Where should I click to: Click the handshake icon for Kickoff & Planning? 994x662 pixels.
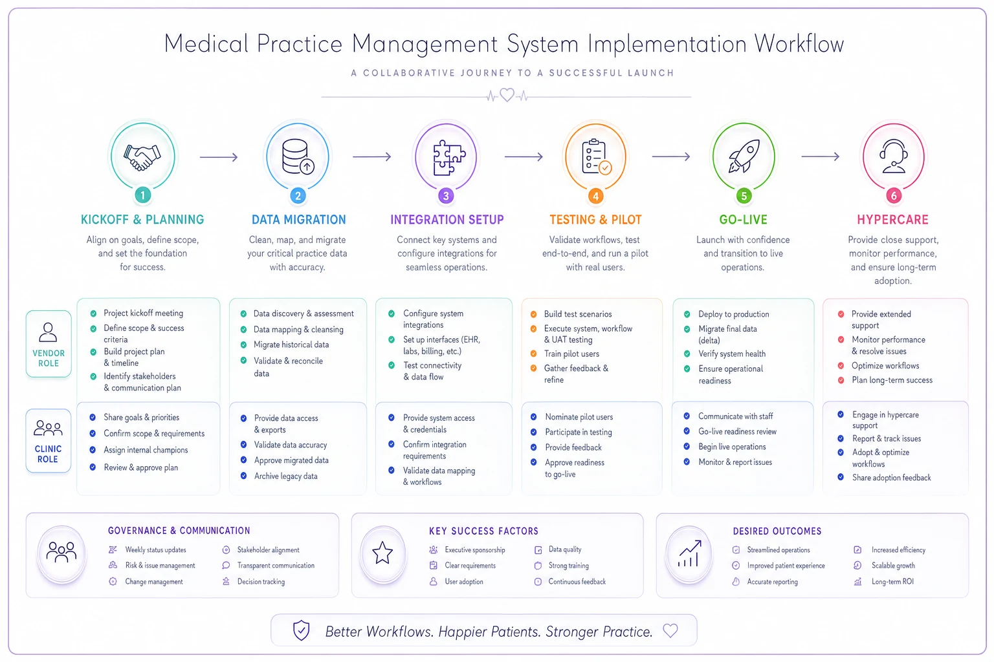(142, 157)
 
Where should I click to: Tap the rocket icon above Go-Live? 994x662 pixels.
(744, 156)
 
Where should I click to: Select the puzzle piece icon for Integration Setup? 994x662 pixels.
(449, 157)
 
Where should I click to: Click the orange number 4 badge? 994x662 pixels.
(595, 196)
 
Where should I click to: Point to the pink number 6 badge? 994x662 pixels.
(894, 195)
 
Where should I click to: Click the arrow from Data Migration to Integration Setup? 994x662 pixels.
(372, 156)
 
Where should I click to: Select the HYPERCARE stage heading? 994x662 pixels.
(893, 220)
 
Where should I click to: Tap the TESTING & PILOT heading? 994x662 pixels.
(595, 220)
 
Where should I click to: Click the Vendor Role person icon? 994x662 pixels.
(48, 332)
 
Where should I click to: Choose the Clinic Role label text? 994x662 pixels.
(48, 454)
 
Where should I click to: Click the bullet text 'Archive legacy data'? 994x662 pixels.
(286, 476)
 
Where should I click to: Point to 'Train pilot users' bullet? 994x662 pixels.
(571, 354)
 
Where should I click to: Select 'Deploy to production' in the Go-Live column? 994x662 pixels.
(733, 314)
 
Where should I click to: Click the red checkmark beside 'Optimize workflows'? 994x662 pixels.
(841, 366)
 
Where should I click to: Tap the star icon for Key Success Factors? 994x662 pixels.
(382, 553)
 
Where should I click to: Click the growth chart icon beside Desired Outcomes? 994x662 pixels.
(690, 553)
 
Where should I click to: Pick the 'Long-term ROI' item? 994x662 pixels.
(892, 582)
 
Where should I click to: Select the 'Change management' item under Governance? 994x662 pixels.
(154, 582)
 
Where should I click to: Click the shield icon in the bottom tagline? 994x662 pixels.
(302, 630)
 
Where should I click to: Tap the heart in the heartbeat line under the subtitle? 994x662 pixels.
(507, 94)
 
